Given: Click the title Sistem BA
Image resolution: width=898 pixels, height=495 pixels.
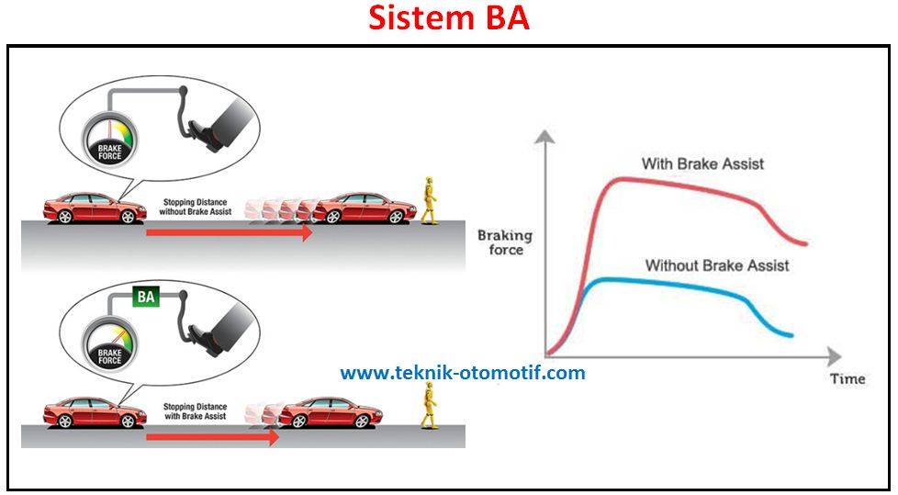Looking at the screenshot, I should tap(449, 18).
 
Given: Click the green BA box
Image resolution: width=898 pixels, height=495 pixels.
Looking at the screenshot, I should tap(146, 298).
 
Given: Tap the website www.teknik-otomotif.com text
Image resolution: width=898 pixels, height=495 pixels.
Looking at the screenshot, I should tap(462, 373).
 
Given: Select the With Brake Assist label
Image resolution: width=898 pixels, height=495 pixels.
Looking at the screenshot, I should tap(702, 164).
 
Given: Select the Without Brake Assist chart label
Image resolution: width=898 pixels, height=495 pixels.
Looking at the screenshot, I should tap(716, 265).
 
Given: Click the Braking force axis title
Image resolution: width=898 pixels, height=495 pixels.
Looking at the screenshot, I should tap(504, 242).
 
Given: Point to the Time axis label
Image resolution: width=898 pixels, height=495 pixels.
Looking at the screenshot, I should tap(847, 378).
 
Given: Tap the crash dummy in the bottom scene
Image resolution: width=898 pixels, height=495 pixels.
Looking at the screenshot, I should tap(426, 405).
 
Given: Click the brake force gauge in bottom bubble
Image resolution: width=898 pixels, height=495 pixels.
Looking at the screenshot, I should tap(109, 346).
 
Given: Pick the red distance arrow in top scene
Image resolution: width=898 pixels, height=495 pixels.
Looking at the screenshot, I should tap(230, 233).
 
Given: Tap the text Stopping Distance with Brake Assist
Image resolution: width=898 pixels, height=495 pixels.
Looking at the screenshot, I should tap(195, 411).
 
